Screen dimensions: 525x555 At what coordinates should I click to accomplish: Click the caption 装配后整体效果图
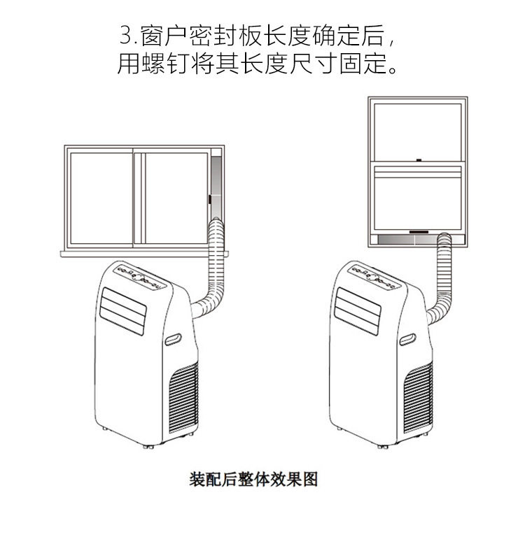[x=253, y=480]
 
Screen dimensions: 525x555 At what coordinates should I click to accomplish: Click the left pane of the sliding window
[x=101, y=197]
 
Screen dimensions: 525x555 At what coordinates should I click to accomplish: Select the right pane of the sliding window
[x=175, y=197]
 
